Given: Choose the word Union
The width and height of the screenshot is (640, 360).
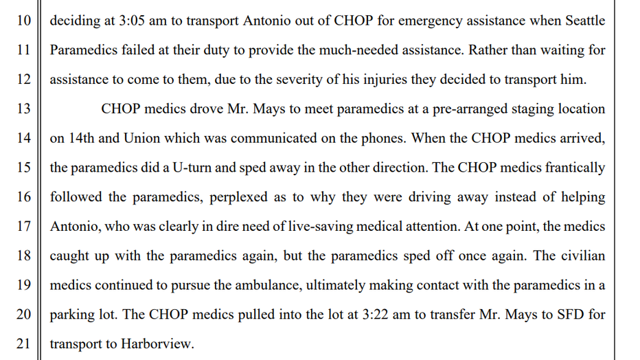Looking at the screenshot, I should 141,137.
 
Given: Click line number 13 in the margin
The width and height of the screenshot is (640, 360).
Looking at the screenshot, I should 23,109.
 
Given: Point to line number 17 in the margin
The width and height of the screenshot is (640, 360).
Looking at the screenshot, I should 23,226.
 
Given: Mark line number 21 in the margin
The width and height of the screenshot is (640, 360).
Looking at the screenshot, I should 23,344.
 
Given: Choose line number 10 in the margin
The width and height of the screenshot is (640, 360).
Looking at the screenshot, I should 23,20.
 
